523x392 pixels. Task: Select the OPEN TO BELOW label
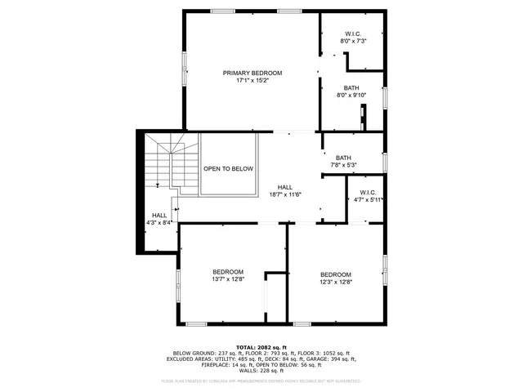point(228,168)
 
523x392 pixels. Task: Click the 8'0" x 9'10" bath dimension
point(351,96)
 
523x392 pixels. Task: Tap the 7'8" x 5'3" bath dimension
point(343,166)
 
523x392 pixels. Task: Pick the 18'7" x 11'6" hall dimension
point(285,194)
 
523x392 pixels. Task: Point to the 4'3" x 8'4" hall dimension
point(159,222)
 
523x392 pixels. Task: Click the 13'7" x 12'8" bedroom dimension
point(228,279)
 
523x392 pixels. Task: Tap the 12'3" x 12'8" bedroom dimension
point(335,282)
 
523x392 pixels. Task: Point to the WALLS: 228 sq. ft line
point(261,370)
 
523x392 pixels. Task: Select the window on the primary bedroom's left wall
point(184,70)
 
